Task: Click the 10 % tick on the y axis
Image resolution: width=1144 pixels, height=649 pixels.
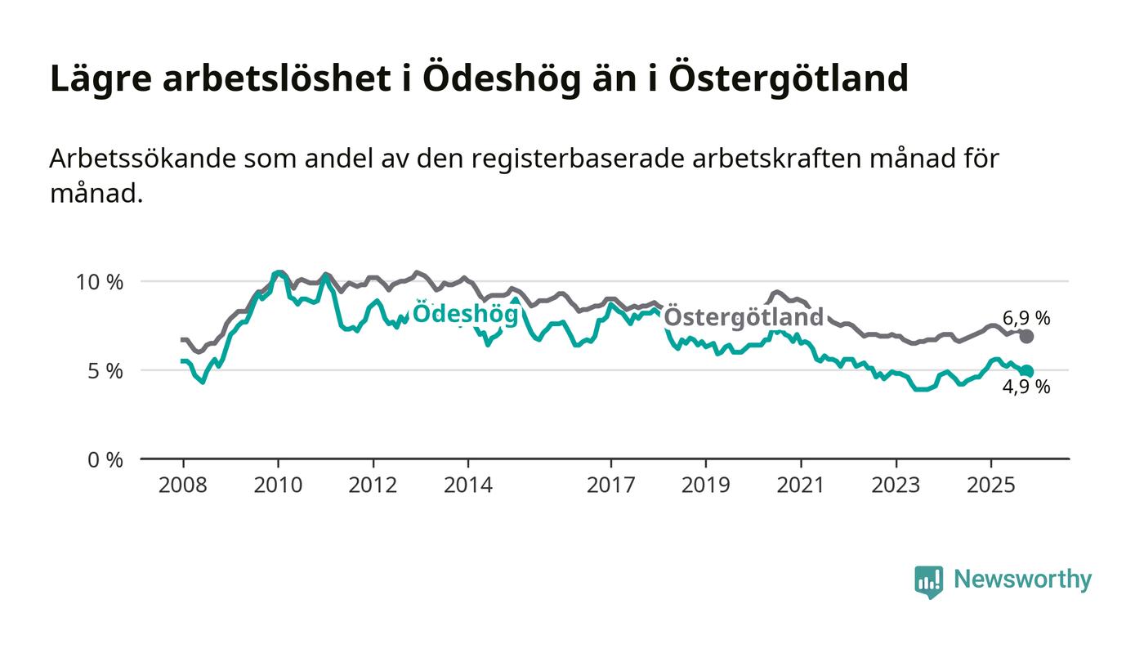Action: coord(100,282)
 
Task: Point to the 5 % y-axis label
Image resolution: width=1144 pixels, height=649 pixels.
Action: coord(105,371)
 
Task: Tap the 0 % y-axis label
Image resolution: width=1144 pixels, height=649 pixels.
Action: coord(105,460)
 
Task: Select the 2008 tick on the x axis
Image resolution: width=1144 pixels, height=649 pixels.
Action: coord(183,485)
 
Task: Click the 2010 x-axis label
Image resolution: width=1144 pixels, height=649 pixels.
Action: coord(278,485)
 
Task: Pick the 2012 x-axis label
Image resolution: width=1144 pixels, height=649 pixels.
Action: coord(373,485)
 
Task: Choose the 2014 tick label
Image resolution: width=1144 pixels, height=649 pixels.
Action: coord(467,485)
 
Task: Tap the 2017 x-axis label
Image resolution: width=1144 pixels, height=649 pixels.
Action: coord(610,485)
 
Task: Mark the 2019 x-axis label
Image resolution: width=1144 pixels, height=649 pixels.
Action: coord(705,485)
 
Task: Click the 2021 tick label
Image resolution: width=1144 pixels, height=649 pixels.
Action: coord(800,485)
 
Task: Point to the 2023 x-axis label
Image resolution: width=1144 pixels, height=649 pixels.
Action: coord(895,485)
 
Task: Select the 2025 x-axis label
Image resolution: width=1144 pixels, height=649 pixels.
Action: coord(990,485)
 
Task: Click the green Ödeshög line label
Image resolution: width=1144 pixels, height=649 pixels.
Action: coord(465,314)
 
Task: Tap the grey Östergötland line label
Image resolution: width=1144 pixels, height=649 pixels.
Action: coord(743,317)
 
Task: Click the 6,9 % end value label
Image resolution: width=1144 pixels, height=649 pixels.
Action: coord(1026,319)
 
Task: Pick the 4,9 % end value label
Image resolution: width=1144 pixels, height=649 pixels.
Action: coord(1026,387)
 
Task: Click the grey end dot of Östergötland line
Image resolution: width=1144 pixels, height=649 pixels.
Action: coord(1027,337)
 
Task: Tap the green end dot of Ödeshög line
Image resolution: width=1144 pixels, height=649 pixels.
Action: coord(1027,371)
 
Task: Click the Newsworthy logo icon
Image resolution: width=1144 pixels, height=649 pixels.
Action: coord(928,581)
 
